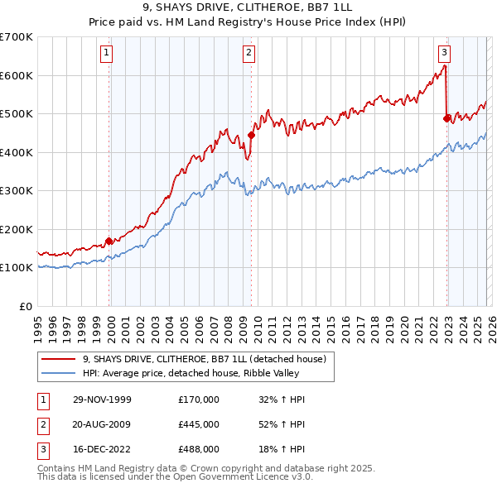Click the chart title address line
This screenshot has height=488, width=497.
click(x=248, y=9)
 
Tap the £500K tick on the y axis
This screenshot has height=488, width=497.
click(x=17, y=114)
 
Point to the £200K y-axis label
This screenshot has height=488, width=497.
click(x=17, y=229)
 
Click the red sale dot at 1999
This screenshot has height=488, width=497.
click(x=109, y=242)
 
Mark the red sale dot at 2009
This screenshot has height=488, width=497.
click(x=251, y=136)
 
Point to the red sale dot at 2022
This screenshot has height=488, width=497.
click(x=447, y=118)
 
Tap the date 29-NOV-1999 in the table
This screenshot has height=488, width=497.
click(x=102, y=399)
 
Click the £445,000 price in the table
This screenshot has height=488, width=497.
click(x=199, y=424)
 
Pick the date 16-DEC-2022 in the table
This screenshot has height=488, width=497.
click(x=102, y=449)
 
